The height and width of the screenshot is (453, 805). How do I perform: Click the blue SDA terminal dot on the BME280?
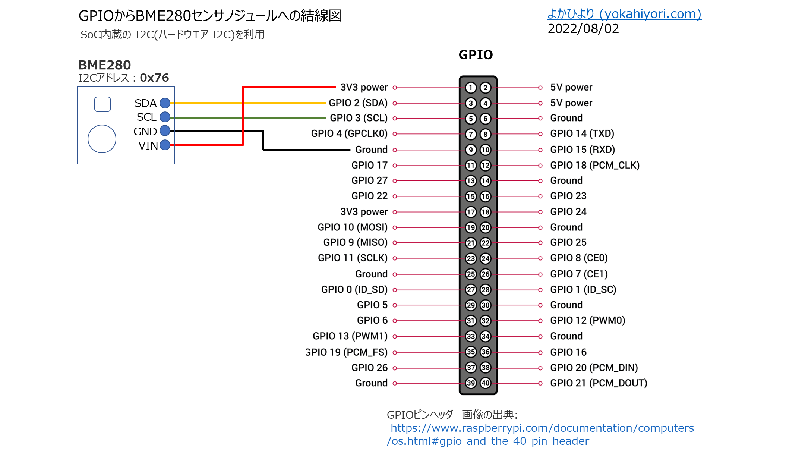(x=165, y=103)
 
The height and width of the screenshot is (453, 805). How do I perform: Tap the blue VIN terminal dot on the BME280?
(x=165, y=145)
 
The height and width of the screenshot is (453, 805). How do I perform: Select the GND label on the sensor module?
(x=145, y=132)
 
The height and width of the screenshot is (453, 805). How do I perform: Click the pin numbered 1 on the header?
(x=471, y=88)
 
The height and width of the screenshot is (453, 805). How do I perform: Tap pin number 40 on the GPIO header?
(x=485, y=383)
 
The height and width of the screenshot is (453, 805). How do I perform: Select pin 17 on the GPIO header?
(x=471, y=212)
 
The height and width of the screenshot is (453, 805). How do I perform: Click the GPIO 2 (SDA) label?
(x=358, y=103)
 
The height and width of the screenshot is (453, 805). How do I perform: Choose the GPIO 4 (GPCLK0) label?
(x=349, y=133)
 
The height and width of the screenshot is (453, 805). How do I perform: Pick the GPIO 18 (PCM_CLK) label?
(x=595, y=165)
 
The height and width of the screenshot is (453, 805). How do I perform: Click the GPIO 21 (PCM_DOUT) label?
(x=599, y=383)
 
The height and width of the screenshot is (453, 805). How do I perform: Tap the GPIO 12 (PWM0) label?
(x=588, y=320)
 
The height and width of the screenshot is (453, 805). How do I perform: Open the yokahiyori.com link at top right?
(x=624, y=14)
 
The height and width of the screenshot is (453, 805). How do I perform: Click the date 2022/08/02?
(x=583, y=29)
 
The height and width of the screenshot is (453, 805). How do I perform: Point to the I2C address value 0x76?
(x=154, y=78)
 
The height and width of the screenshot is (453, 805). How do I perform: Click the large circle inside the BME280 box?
(x=102, y=139)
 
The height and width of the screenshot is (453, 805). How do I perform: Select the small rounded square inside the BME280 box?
(x=102, y=104)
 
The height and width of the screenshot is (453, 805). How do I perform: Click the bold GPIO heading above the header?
(x=476, y=55)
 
